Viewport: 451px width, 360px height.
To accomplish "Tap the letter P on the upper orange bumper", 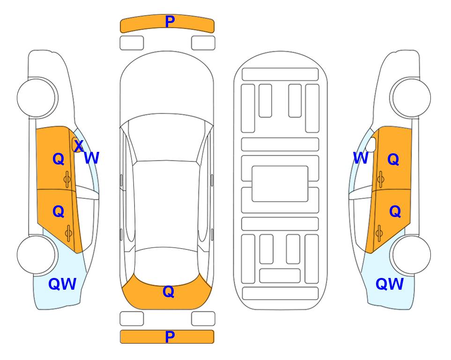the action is tap(170, 22).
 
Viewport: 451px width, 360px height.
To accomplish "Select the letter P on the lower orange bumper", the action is tap(170, 337).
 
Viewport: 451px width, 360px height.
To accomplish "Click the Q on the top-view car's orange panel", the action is tap(169, 292).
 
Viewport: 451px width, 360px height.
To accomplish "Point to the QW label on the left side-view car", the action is tap(62, 284).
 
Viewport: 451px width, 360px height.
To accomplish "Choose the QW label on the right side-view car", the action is tap(390, 284).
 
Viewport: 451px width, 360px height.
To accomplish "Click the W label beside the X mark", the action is tap(91, 158).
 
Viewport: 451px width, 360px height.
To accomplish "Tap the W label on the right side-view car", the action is tap(361, 158).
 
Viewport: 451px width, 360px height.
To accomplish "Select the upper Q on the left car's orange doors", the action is tap(59, 159).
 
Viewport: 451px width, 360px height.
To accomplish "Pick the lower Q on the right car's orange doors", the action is tap(395, 211).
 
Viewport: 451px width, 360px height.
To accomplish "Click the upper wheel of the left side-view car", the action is tap(37, 98).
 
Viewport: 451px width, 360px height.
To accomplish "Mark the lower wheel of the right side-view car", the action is tap(411, 255).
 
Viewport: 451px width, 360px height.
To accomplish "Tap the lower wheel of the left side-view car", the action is tap(37, 255).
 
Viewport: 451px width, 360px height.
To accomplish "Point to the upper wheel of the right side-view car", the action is tap(411, 98).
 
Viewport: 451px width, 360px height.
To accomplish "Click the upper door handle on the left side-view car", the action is tap(67, 179).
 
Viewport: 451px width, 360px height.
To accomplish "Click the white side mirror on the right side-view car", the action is tap(371, 144).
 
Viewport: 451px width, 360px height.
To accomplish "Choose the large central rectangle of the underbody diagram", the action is tap(280, 184).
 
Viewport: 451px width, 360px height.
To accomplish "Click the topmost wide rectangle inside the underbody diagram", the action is tap(280, 75).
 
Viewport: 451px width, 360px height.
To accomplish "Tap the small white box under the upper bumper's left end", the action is tap(132, 43).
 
